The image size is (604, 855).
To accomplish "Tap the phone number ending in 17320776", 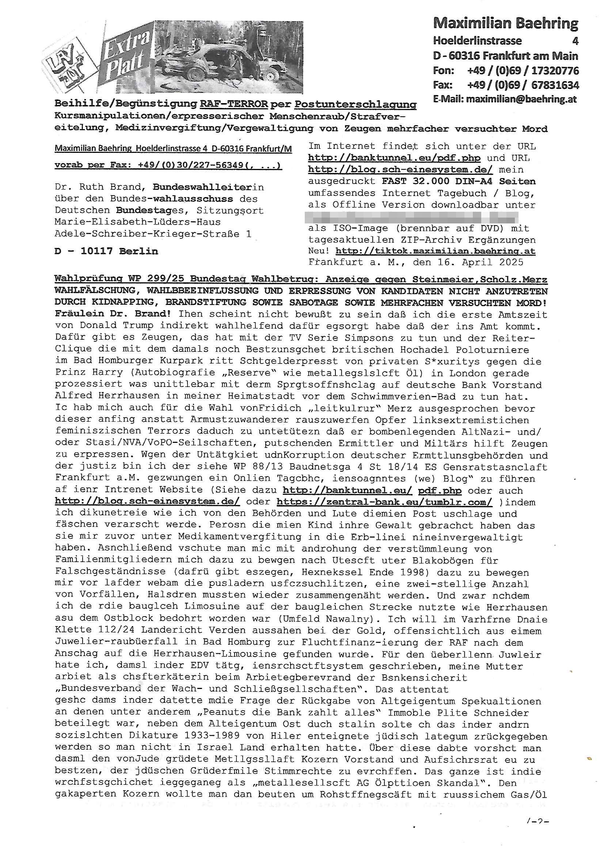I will (523, 70).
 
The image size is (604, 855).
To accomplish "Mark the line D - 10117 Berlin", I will (106, 251).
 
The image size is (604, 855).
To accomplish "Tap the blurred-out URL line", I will (411, 217).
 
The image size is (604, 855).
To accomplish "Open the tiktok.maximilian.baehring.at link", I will (436, 251).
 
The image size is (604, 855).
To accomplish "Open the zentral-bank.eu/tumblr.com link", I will (384, 502).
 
